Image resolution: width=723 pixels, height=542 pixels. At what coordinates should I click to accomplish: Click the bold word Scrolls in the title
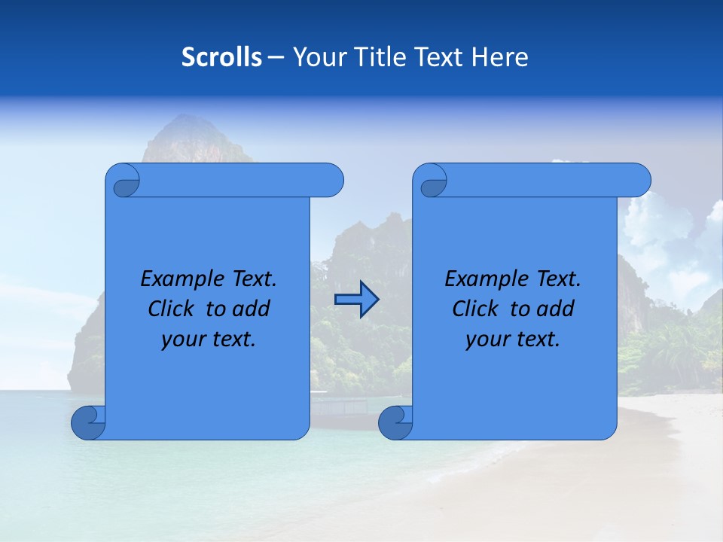(222, 57)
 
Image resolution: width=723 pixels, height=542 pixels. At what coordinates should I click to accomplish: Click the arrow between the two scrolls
(356, 300)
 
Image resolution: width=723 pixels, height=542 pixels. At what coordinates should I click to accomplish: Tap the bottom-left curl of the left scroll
(87, 422)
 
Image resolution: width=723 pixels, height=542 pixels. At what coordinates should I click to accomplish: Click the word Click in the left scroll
(170, 309)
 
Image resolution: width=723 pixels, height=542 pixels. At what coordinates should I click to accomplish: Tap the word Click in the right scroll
(474, 309)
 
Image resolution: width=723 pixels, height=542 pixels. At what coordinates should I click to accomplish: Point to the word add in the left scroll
(252, 309)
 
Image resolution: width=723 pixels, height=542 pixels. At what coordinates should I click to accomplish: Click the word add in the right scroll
(556, 309)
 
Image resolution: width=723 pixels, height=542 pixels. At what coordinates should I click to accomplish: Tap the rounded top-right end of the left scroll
(331, 181)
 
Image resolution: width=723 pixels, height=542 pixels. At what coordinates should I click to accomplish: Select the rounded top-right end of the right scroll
(639, 181)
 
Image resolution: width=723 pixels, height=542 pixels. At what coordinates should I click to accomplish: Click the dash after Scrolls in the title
(276, 57)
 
